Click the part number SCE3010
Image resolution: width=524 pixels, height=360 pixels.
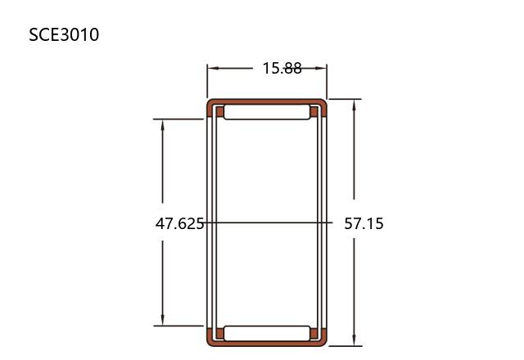[64, 34]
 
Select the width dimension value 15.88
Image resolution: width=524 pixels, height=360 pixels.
[282, 68]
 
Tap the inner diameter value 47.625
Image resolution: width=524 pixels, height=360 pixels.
[179, 223]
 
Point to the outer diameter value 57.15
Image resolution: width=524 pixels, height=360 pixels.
[364, 223]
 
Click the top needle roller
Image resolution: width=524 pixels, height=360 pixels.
[267, 112]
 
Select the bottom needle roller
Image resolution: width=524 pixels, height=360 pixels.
[267, 333]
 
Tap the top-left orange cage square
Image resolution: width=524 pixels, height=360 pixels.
[219, 111]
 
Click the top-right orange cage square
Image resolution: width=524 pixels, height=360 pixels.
[314, 111]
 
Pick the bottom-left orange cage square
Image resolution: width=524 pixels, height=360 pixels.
[219, 333]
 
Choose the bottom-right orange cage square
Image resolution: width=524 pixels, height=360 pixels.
[314, 333]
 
